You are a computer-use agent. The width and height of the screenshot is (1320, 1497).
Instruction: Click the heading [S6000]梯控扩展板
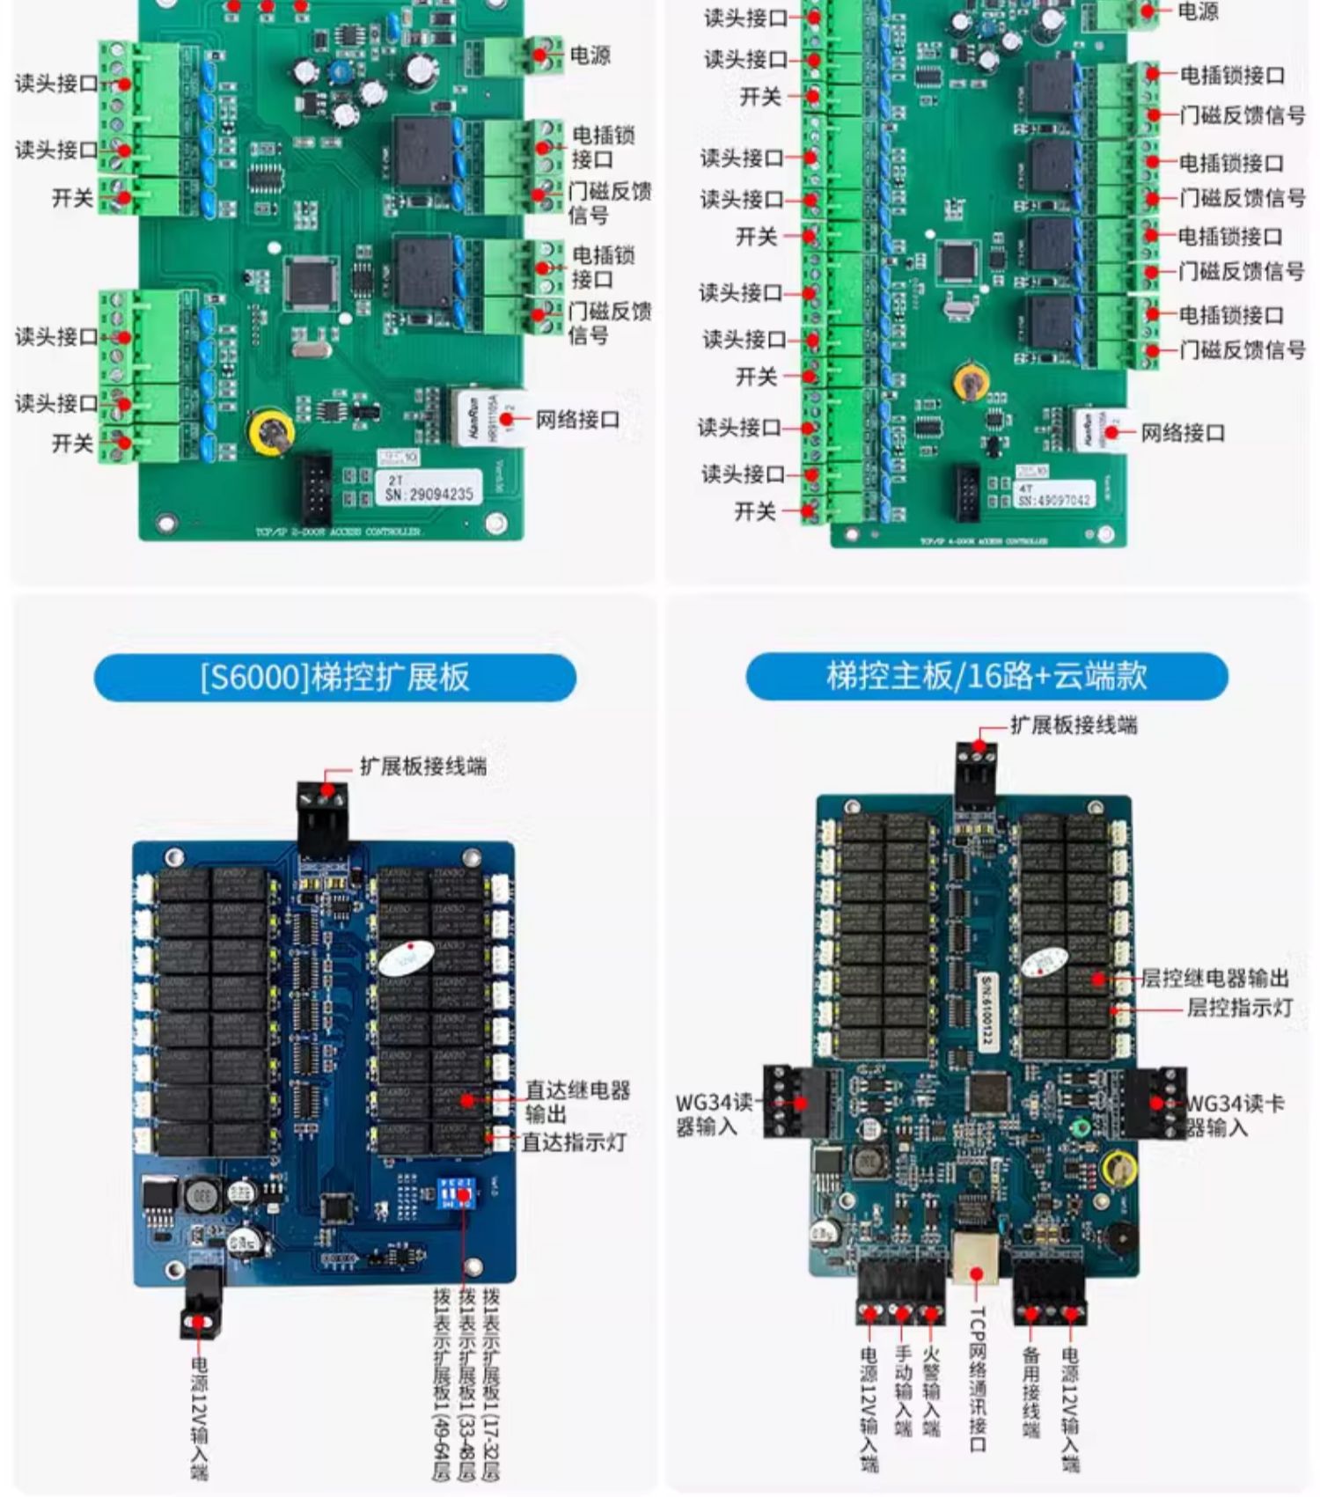(334, 677)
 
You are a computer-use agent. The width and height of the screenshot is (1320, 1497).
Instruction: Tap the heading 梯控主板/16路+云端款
(986, 675)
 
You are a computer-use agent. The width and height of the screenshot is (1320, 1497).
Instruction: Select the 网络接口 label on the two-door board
(577, 420)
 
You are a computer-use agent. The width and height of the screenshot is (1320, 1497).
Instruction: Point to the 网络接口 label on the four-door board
(1183, 432)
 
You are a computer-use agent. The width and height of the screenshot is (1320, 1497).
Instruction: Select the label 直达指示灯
(574, 1142)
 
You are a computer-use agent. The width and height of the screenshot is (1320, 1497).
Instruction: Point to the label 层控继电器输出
(1214, 978)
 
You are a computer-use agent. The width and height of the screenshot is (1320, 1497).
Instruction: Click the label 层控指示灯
(1239, 1008)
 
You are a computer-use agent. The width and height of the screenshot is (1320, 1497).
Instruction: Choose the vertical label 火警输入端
(931, 1391)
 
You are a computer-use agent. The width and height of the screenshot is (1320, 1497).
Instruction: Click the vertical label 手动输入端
(903, 1391)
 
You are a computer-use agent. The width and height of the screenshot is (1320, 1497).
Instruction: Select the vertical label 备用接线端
(1031, 1391)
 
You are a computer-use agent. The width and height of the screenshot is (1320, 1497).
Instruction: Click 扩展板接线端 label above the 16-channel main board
(1074, 724)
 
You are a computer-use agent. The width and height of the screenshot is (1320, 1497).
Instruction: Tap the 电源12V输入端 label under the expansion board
(200, 1417)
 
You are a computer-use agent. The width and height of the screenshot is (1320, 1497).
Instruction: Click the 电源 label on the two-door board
(590, 55)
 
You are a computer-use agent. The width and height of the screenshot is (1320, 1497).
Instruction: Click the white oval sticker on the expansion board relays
(407, 958)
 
